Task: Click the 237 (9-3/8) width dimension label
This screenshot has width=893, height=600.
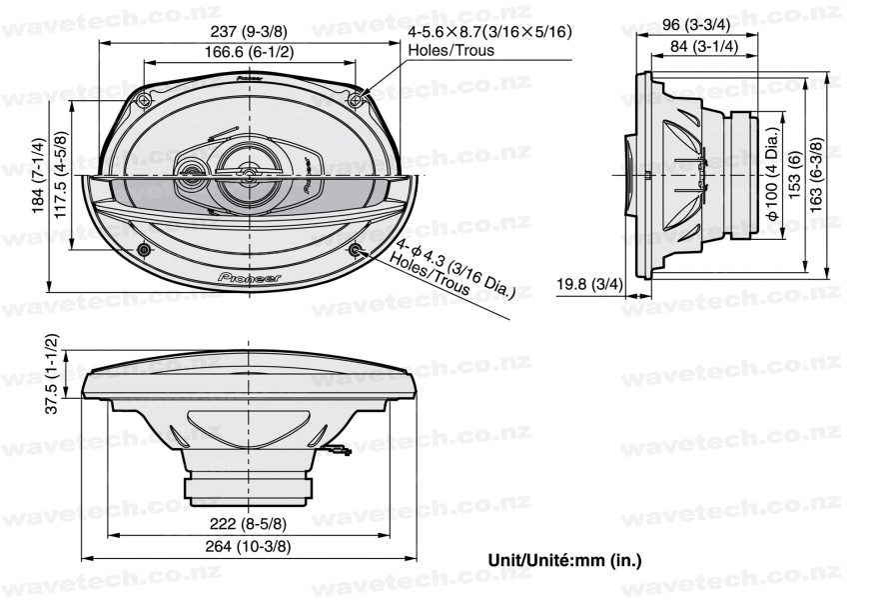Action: (x=249, y=31)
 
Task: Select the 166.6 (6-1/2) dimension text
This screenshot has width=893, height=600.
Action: (x=249, y=52)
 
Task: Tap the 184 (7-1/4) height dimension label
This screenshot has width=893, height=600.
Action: (x=38, y=175)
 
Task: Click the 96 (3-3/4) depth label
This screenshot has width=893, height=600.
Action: (x=696, y=25)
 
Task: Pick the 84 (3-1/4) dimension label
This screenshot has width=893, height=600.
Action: (x=703, y=46)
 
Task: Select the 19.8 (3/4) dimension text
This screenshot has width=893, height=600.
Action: (x=589, y=284)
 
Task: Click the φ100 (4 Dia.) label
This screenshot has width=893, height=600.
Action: (x=772, y=175)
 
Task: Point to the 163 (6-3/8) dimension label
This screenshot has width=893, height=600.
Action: (x=815, y=175)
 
